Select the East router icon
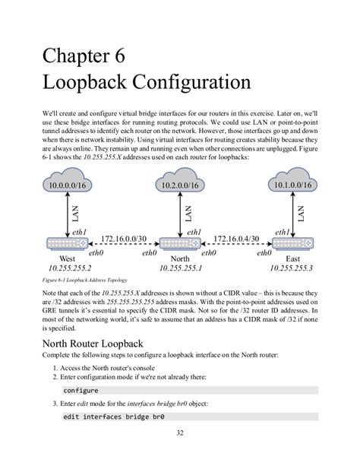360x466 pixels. (x=292, y=244)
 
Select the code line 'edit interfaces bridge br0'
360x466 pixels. (x=109, y=417)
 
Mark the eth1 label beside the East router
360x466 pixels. (x=283, y=232)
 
